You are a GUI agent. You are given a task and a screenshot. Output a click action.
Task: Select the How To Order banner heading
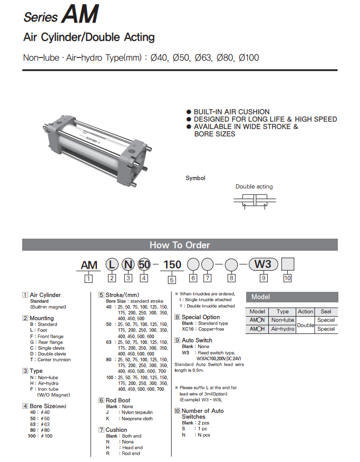180,245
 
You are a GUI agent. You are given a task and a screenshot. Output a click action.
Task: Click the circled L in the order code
112,264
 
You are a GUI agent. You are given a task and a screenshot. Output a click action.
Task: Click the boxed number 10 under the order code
287,278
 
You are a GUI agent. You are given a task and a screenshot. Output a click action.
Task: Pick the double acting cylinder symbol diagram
255,202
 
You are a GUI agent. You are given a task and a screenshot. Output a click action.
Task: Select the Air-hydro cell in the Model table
283,329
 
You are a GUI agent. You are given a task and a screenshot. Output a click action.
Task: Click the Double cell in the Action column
305,325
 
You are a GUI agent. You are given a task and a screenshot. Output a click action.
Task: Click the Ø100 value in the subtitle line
249,57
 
